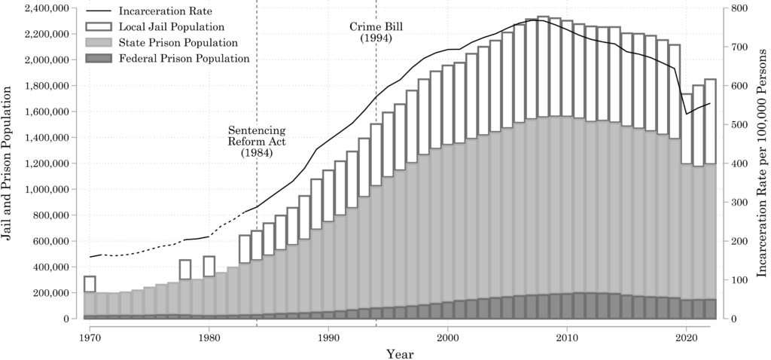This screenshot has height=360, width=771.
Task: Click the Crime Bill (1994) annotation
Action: point(376,32)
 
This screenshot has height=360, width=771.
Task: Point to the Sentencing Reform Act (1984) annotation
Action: point(257,141)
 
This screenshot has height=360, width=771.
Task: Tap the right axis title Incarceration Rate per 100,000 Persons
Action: point(761,163)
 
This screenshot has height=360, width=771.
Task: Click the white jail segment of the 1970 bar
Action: point(90,284)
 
